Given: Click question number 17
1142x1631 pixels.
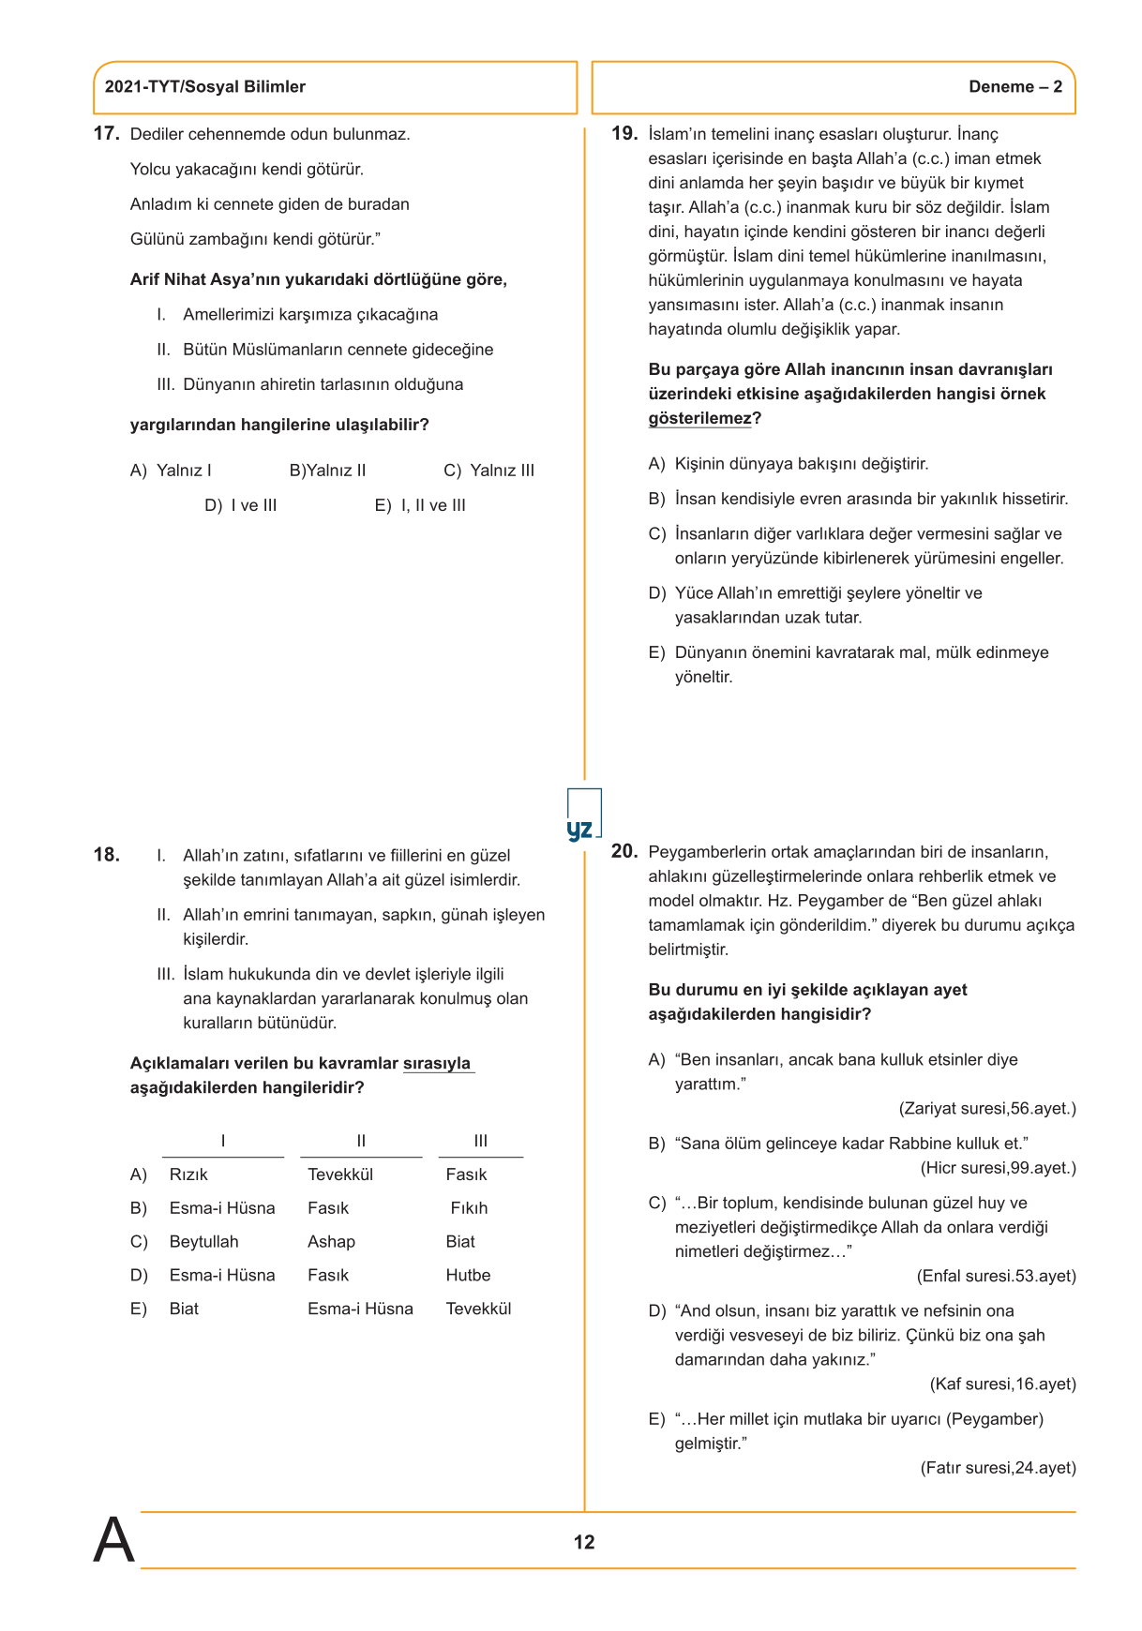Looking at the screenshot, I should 106,134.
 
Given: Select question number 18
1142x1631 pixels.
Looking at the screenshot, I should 106,855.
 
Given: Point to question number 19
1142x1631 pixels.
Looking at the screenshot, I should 624,134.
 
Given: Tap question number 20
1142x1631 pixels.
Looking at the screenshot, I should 624,851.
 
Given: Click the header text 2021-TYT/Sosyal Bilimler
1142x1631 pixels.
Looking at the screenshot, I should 205,87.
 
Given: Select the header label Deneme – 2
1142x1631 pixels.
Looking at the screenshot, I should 1015,87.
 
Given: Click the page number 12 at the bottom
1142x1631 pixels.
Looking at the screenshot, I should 584,1542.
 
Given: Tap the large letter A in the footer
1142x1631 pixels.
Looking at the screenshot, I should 113,1540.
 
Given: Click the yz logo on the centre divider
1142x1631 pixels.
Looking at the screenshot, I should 581,829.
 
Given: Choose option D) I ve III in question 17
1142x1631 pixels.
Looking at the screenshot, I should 241,505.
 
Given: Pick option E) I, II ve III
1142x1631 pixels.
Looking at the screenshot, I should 420,505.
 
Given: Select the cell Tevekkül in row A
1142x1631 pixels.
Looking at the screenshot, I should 340,1175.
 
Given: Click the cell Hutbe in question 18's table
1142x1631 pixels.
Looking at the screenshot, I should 468,1275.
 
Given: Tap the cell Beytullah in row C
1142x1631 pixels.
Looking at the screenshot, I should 203,1242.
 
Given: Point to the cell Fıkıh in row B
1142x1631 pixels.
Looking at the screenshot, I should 469,1208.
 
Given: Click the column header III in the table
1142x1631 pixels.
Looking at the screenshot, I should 481,1141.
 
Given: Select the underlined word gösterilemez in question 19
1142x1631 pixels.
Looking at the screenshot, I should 699,418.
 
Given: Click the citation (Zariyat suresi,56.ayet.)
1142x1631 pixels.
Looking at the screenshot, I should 987,1109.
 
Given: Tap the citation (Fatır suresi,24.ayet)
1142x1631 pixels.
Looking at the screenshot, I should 998,1468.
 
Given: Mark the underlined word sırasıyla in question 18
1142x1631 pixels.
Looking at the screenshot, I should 437,1064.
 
